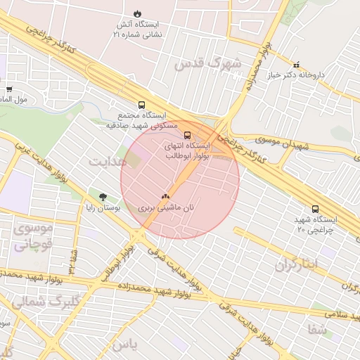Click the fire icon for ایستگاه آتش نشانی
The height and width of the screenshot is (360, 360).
point(136,13)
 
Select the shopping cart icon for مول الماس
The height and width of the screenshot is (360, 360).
point(8,89)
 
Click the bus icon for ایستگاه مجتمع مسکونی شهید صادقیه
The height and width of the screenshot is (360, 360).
point(142,104)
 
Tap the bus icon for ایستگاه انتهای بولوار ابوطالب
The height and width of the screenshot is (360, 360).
point(187,134)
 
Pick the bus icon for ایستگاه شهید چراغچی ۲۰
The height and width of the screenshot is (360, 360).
point(314,209)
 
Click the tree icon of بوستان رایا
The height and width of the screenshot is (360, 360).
point(103,198)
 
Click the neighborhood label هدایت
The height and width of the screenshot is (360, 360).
point(108,161)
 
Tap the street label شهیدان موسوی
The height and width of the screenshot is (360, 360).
point(283,144)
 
